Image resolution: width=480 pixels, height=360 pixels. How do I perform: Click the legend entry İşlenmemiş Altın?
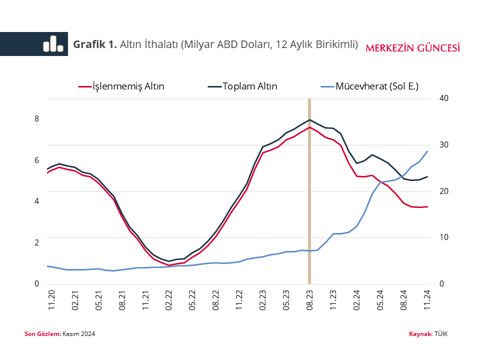click(x=128, y=86)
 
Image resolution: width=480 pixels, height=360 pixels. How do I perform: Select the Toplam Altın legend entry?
click(x=249, y=86)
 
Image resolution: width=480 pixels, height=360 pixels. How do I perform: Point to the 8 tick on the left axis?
click(x=36, y=119)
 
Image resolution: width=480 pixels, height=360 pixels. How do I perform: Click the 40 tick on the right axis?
click(x=443, y=98)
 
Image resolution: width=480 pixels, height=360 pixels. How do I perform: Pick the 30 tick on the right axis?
click(x=443, y=145)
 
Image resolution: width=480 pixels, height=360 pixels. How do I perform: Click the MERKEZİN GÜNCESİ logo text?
click(x=412, y=48)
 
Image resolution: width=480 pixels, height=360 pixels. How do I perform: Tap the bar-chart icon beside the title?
click(x=53, y=44)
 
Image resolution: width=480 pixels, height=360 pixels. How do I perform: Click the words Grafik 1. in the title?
click(x=95, y=44)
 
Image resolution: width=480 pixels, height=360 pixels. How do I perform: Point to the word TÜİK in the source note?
click(x=441, y=333)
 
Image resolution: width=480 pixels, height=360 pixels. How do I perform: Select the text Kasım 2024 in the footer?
click(x=78, y=333)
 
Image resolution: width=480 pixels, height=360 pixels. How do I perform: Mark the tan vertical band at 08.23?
click(x=309, y=200)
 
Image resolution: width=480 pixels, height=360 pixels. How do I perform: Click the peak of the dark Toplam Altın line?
click(x=309, y=119)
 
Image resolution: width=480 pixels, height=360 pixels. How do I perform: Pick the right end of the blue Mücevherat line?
click(x=427, y=151)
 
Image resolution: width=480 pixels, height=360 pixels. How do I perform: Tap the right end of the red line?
click(x=427, y=206)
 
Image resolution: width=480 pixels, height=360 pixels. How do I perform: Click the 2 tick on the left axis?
click(x=36, y=242)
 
